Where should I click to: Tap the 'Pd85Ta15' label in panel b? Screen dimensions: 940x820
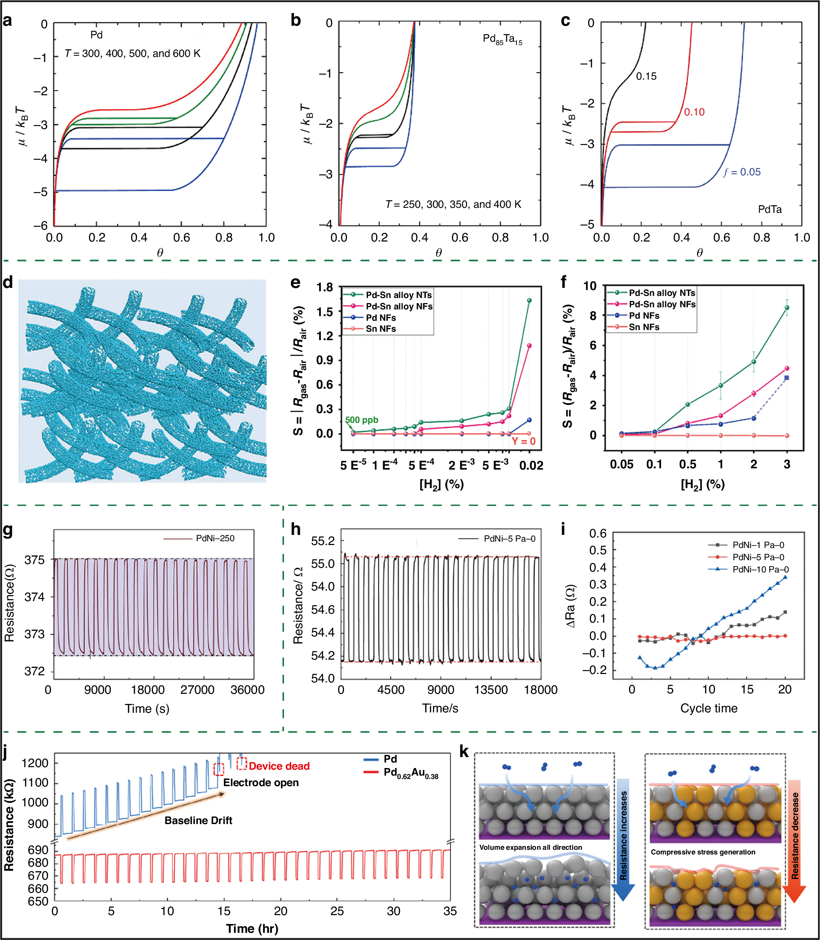[502, 39]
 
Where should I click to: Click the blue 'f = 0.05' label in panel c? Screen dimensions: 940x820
[742, 172]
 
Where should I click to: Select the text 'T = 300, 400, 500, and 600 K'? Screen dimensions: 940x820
[133, 54]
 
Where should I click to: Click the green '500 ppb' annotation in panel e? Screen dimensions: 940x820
[361, 419]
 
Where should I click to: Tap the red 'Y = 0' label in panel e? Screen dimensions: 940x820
[523, 441]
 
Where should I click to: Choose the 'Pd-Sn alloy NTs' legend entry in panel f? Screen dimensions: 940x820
[661, 293]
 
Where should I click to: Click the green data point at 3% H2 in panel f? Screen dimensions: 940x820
[787, 308]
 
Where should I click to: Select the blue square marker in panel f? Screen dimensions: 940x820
[787, 378]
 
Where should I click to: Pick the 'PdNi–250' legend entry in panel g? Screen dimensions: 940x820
[215, 538]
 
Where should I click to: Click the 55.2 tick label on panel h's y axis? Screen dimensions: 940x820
[323, 541]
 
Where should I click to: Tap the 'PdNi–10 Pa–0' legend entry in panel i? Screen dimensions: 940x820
[760, 569]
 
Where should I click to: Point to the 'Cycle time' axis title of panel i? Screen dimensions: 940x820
[708, 708]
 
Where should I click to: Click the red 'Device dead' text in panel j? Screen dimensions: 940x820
[279, 766]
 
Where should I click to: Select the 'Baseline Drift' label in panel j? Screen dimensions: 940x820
[198, 820]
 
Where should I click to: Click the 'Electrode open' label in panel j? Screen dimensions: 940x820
[261, 783]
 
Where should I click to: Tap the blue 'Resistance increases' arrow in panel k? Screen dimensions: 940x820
[623, 837]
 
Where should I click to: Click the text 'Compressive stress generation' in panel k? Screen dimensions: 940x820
[703, 852]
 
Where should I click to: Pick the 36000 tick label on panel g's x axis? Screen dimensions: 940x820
[247, 690]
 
